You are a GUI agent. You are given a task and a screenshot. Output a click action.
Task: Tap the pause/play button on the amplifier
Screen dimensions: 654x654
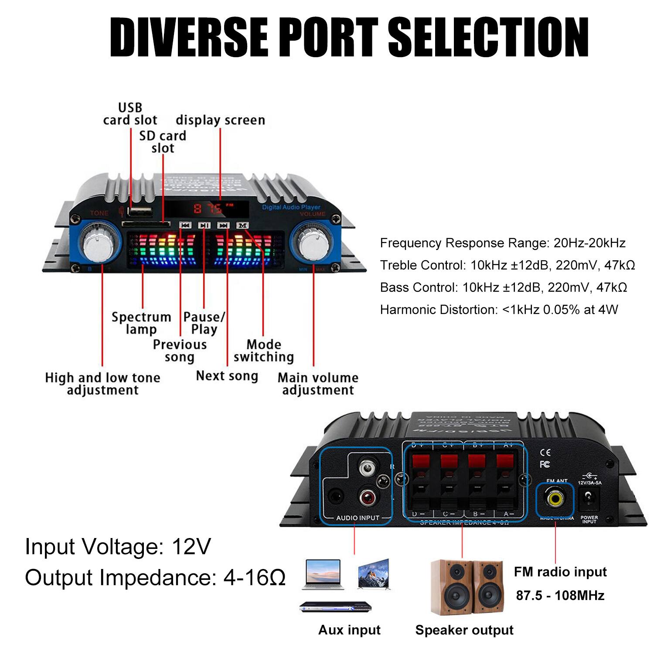pyautogui.click(x=204, y=225)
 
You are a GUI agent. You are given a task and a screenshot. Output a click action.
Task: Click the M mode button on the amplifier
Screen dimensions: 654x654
pyautogui.click(x=242, y=225)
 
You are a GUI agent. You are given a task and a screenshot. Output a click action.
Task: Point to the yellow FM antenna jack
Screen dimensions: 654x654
pyautogui.click(x=555, y=498)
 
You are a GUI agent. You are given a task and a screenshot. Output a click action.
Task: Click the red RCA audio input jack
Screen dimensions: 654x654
pyautogui.click(x=367, y=497)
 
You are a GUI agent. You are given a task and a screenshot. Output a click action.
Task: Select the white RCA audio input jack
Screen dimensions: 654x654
pyautogui.click(x=367, y=469)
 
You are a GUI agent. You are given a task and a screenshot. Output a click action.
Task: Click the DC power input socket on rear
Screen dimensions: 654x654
pyautogui.click(x=589, y=497)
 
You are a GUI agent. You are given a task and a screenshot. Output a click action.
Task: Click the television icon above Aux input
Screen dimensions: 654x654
pyautogui.click(x=374, y=574)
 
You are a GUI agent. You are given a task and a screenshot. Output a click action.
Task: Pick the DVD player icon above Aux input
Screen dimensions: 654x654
pyautogui.click(x=335, y=606)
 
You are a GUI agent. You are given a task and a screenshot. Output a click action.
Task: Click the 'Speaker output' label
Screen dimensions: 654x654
pyautogui.click(x=464, y=630)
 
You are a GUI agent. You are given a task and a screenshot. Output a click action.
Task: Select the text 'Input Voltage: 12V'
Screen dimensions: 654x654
pyautogui.click(x=118, y=546)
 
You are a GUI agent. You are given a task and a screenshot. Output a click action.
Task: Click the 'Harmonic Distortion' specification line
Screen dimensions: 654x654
pyautogui.click(x=499, y=310)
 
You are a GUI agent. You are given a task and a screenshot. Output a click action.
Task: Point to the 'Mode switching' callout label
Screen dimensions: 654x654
pyautogui.click(x=263, y=351)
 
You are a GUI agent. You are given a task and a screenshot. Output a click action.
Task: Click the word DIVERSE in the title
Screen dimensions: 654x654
pyautogui.click(x=188, y=37)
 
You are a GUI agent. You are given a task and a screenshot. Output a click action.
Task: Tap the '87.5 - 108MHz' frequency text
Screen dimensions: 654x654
pyautogui.click(x=560, y=596)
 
